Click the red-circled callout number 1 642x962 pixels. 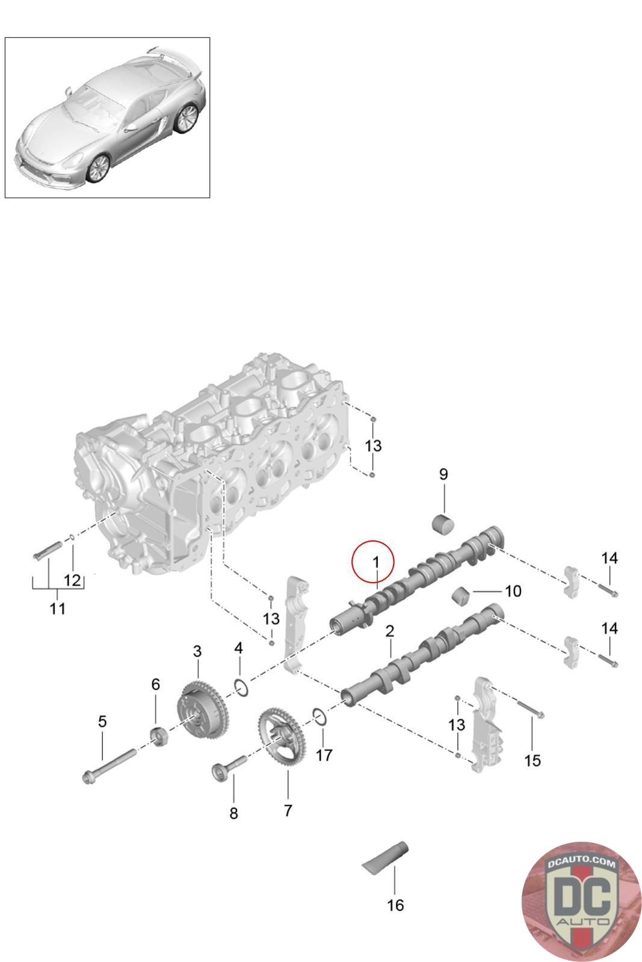pyautogui.click(x=374, y=562)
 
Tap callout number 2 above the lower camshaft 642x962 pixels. pyautogui.click(x=390, y=631)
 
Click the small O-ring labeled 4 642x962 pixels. pyautogui.click(x=241, y=687)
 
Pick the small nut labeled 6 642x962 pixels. pyautogui.click(x=158, y=735)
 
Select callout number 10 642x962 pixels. pyautogui.click(x=513, y=591)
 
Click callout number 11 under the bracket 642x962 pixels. pyautogui.click(x=57, y=608)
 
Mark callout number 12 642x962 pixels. pyautogui.click(x=72, y=580)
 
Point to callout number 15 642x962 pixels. pyautogui.click(x=532, y=760)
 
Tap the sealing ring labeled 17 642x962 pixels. pyautogui.click(x=320, y=716)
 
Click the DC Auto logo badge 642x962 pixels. pyautogui.click(x=581, y=901)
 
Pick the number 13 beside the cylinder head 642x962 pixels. pyautogui.click(x=373, y=446)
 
